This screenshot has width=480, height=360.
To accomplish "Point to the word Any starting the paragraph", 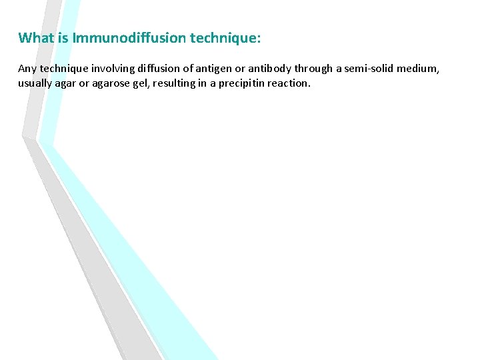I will tap(27, 69).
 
